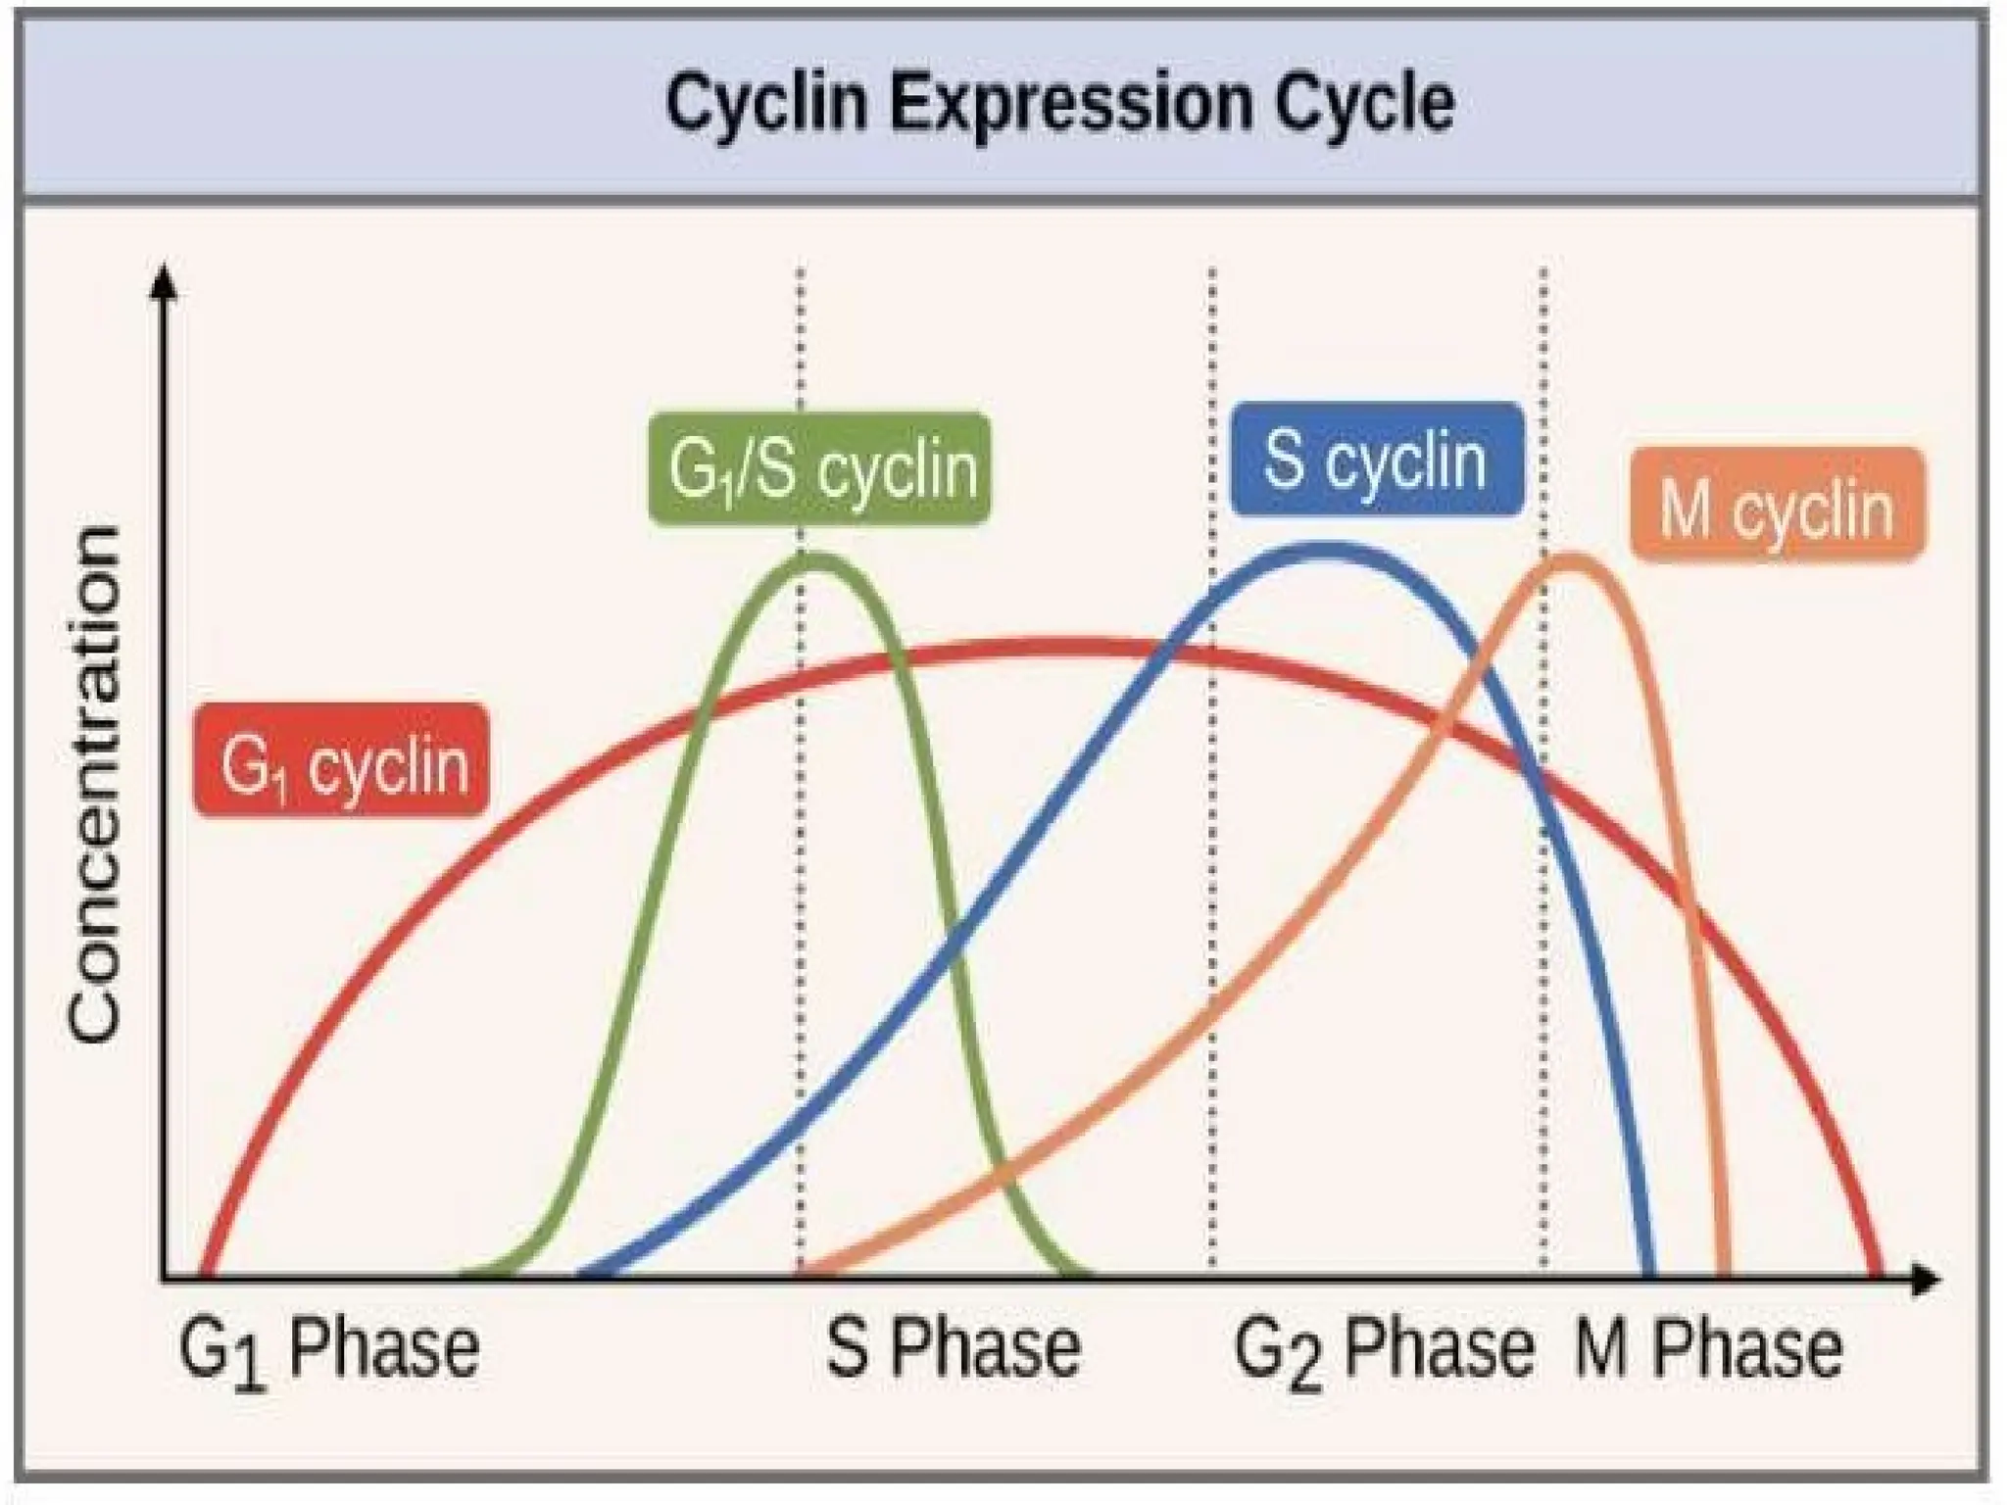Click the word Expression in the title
pyautogui.click(x=1070, y=104)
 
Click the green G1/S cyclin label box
pyautogui.click(x=819, y=469)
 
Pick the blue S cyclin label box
pyautogui.click(x=1377, y=460)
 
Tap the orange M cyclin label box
pyautogui.click(x=1778, y=506)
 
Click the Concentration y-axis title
pyautogui.click(x=95, y=784)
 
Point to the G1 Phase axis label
pyautogui.click(x=328, y=1351)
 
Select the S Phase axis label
pyautogui.click(x=953, y=1349)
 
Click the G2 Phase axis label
pyautogui.click(x=1383, y=1351)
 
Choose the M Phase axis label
pyautogui.click(x=1708, y=1349)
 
